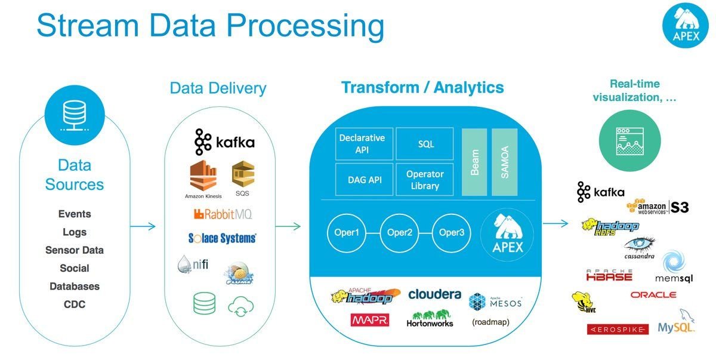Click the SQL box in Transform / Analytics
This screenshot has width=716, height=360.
click(426, 144)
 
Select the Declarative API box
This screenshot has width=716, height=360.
click(362, 144)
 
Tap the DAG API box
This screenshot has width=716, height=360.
click(362, 179)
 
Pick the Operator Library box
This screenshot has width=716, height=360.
click(425, 179)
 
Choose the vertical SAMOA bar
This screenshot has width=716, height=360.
click(504, 161)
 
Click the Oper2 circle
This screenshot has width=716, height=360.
click(400, 232)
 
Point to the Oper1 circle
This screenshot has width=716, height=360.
click(347, 232)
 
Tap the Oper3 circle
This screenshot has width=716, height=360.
click(452, 232)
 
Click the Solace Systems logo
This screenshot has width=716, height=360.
click(218, 238)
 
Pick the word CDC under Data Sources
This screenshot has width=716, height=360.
click(75, 304)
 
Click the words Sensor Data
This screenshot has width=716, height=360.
click(75, 250)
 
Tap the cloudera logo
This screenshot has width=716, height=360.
click(434, 294)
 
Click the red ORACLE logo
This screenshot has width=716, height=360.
click(653, 295)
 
